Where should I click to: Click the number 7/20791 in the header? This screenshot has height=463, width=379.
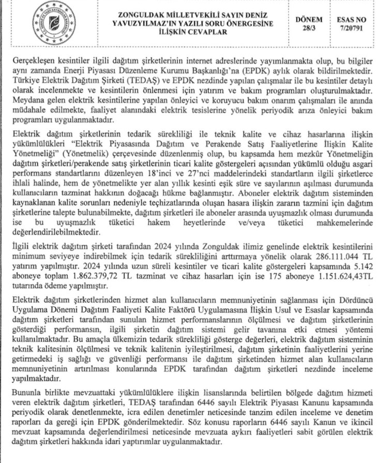(x=351, y=28)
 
